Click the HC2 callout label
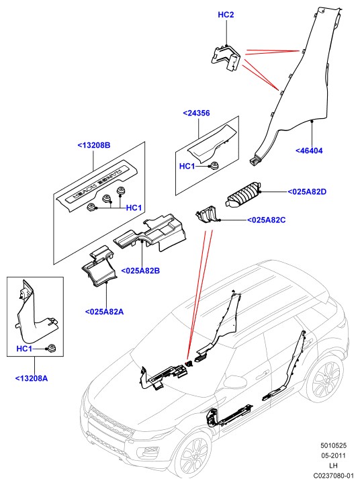(x=226, y=15)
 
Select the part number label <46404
(x=309, y=150)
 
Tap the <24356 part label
(x=196, y=114)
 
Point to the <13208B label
(x=94, y=145)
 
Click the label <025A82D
(x=307, y=191)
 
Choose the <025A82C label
(x=266, y=220)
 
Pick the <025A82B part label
(x=140, y=271)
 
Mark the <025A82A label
(x=104, y=312)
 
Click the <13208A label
(x=32, y=378)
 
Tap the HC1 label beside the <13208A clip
(x=24, y=349)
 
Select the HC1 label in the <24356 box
(x=187, y=167)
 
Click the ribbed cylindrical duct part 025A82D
(x=243, y=195)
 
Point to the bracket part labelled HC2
(x=225, y=58)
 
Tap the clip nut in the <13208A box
(x=51, y=348)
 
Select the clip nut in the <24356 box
(x=214, y=165)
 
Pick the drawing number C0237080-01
(x=333, y=476)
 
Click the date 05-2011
(x=333, y=455)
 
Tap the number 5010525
(x=333, y=446)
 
